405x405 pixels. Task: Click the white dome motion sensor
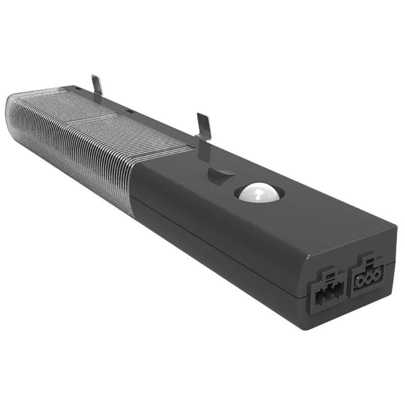pyautogui.click(x=258, y=192)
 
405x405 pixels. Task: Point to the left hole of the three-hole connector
pyautogui.click(x=360, y=280)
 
